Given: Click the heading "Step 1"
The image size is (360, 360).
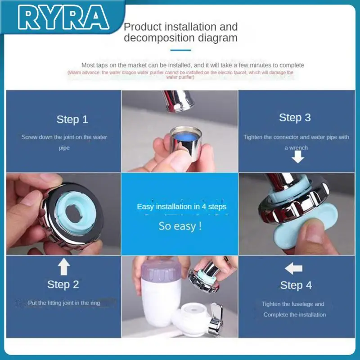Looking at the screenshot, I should click(72, 119).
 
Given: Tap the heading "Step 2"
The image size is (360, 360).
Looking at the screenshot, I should click(63, 284).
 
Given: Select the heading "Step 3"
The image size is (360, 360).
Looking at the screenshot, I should click(295, 117).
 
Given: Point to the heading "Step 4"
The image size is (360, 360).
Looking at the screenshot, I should click(296, 285).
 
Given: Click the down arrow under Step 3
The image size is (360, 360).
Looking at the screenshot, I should click(297, 157).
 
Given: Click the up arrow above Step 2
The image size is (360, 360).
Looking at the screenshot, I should click(64, 267).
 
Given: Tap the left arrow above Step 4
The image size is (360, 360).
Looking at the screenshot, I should click(293, 269).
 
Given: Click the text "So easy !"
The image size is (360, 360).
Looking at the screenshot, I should click(180, 226).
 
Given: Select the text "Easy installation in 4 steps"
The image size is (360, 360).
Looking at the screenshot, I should click(181, 207).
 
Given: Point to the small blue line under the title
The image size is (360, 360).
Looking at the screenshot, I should click(180, 50).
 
